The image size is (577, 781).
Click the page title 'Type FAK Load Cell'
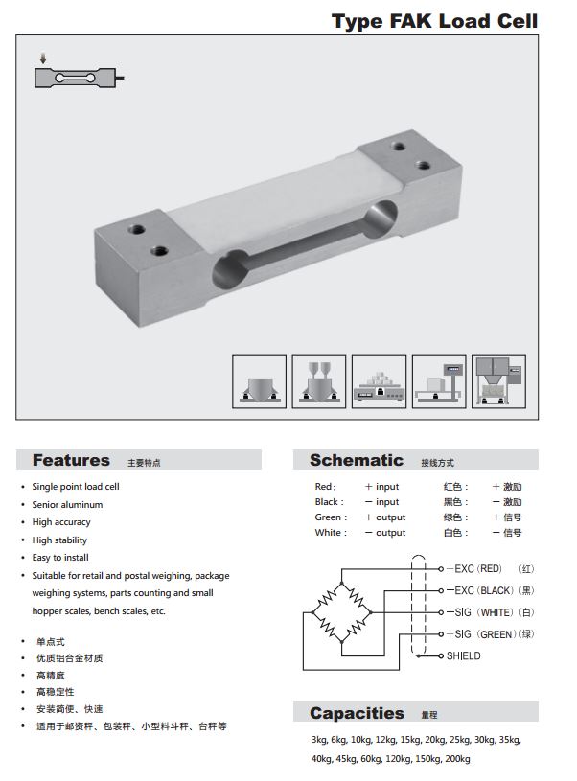(x=434, y=21)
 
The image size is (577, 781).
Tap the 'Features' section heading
(x=71, y=460)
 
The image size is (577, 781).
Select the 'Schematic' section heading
(x=357, y=460)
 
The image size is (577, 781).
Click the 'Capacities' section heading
(x=357, y=713)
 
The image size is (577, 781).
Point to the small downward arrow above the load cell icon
(x=43, y=58)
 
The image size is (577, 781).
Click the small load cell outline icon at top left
(x=79, y=78)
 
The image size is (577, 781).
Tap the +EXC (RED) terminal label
(x=473, y=569)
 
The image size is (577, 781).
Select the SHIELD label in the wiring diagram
(x=463, y=656)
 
